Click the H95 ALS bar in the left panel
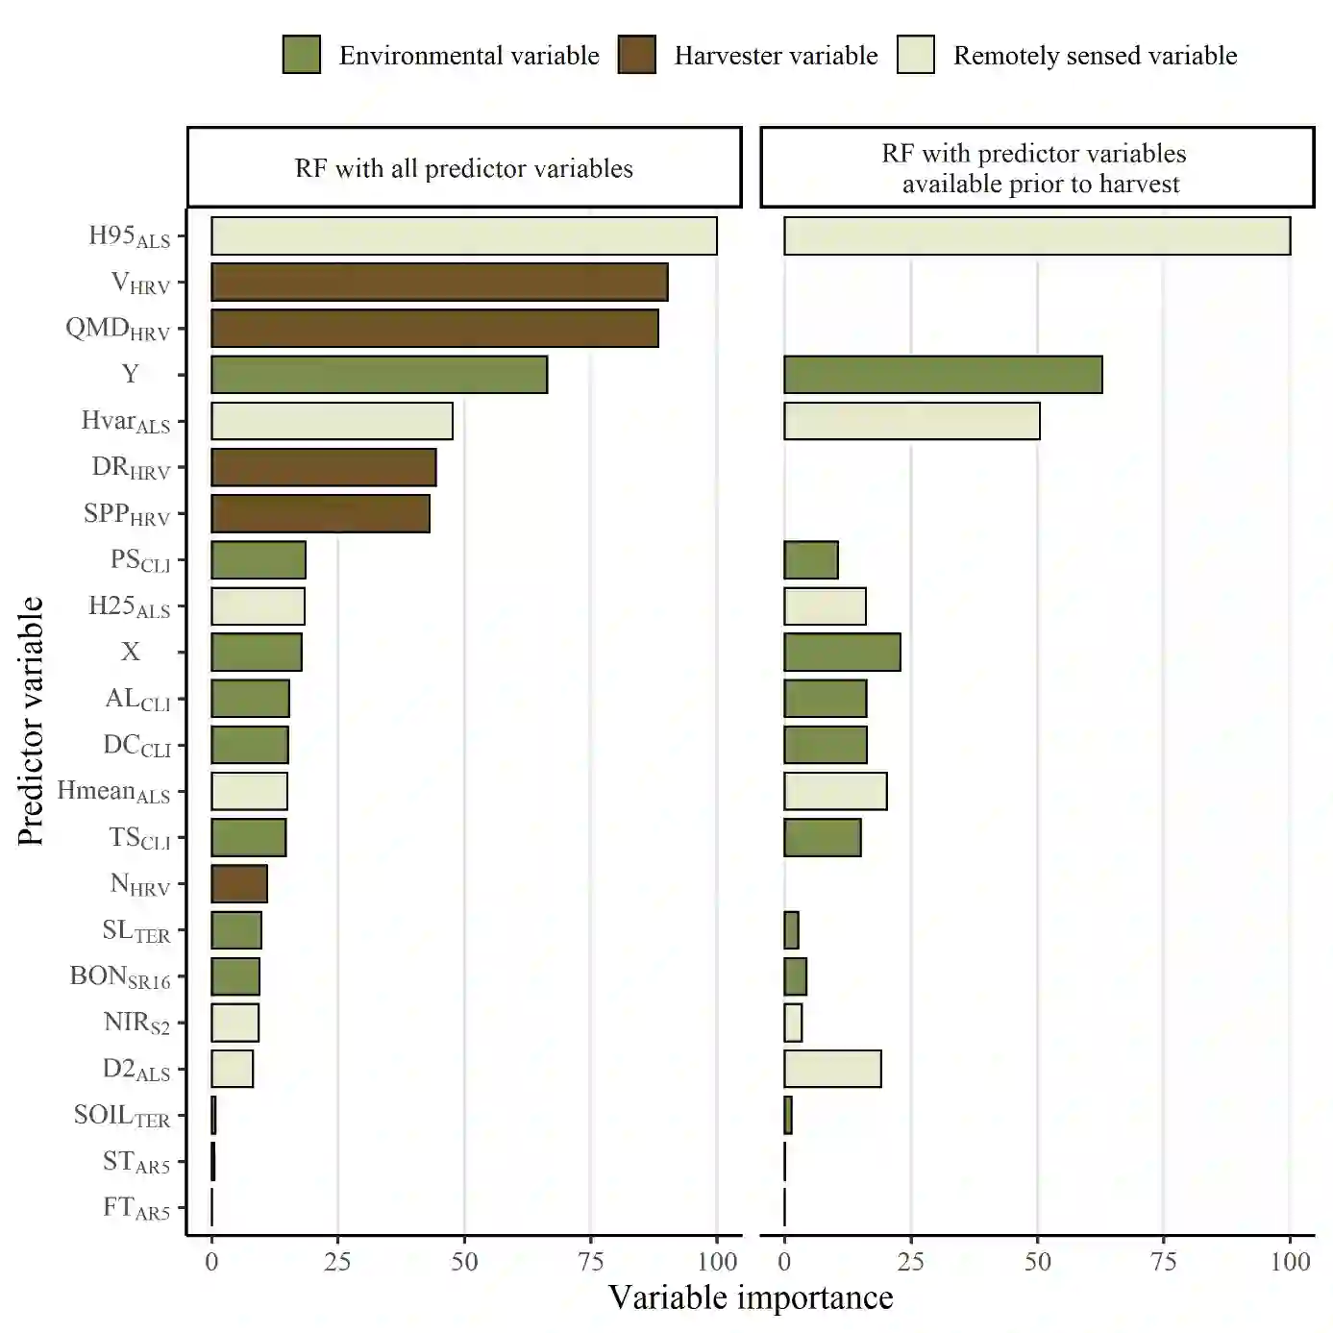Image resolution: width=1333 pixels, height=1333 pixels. [x=464, y=236]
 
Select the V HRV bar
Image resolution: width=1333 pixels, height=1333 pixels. [x=439, y=283]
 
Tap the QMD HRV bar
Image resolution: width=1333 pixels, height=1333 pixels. [x=434, y=329]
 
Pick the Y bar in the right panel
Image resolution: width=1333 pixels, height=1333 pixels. [x=943, y=375]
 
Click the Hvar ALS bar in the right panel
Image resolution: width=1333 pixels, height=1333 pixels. [x=912, y=421]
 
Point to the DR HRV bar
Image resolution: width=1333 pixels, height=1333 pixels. [x=324, y=467]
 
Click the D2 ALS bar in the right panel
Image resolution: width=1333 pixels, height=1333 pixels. [x=832, y=1069]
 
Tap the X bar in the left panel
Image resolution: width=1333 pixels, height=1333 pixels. [x=257, y=652]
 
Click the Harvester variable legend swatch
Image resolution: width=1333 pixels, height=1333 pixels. [x=636, y=56]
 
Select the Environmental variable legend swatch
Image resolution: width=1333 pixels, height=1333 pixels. [x=302, y=56]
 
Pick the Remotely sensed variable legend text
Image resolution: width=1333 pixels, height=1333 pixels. [x=1095, y=56]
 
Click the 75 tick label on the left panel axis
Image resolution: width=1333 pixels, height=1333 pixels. [x=590, y=1262]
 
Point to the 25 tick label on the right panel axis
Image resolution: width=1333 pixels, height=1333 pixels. [x=910, y=1262]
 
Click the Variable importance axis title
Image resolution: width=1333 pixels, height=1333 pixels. [x=751, y=1298]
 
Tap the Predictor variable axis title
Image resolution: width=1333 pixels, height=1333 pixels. [x=31, y=721]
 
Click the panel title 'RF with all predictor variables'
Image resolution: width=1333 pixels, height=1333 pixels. [x=464, y=169]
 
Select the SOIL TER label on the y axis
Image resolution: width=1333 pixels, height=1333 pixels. [x=122, y=1116]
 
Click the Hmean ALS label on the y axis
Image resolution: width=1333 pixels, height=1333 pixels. [x=113, y=792]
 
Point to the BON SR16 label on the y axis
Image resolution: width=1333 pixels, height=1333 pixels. [x=120, y=977]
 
